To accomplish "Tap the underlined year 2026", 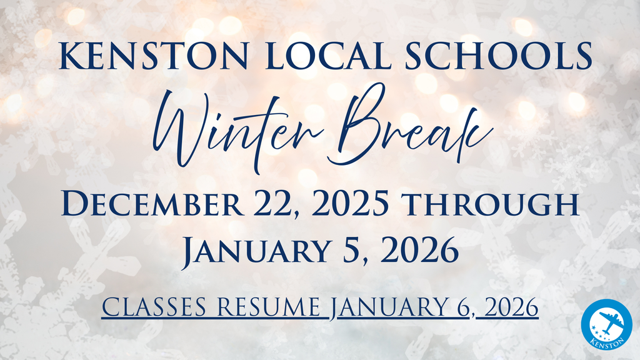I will pyautogui.click(x=511, y=307).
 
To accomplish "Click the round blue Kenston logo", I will pyautogui.click(x=606, y=324).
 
